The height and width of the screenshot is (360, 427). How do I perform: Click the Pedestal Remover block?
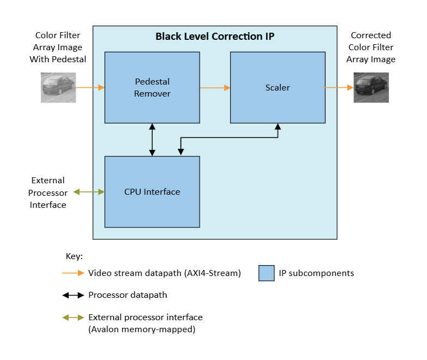[x=152, y=87]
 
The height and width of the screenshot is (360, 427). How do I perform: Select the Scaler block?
[x=278, y=87]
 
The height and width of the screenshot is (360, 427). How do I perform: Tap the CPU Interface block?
[x=152, y=191]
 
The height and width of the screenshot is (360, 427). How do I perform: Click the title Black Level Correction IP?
[x=214, y=37]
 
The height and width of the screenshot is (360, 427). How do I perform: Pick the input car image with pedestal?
[x=57, y=87]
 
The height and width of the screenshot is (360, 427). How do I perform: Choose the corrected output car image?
[x=370, y=87]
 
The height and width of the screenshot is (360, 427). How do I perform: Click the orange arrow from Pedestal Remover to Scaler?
[x=215, y=87]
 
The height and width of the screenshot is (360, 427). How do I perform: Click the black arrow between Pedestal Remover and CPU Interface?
[x=152, y=139]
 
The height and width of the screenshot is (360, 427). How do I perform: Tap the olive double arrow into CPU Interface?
[x=89, y=191]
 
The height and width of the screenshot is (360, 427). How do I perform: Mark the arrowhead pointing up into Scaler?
[x=278, y=127]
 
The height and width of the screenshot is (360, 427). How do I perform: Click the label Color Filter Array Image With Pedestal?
[x=57, y=47]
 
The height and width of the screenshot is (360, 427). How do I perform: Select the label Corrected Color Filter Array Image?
[x=370, y=47]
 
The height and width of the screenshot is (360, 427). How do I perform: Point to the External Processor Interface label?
[x=48, y=193]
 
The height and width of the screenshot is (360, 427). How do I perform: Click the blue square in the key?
[x=266, y=273]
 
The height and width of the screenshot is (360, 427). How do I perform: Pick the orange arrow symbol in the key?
[x=73, y=273]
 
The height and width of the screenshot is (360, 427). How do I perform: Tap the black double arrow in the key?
[x=73, y=295]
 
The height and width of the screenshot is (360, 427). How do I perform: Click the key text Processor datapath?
[x=128, y=295]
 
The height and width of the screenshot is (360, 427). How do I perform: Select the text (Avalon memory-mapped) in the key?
[x=141, y=329]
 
